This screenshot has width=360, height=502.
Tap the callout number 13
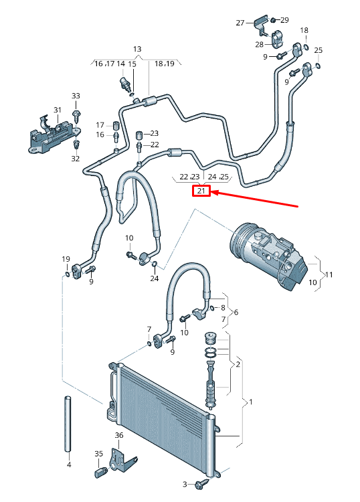pos(137,50)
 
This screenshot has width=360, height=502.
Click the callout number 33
pos(76,96)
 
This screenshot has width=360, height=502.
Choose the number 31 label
pos(58,110)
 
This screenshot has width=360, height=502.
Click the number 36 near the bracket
pos(119,435)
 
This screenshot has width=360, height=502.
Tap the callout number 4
pos(68,464)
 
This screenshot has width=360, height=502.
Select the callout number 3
pos(185,483)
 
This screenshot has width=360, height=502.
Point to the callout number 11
pos(329,274)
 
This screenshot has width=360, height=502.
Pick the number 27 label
pos(241,23)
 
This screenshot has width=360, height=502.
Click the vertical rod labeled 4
pos(68,425)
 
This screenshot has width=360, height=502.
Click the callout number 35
pos(99,454)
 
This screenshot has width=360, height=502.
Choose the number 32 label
pos(75,159)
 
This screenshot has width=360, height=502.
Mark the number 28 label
pos(260,44)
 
